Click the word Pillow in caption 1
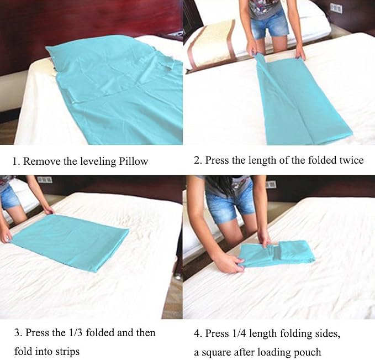tap(134, 161)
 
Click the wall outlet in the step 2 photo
tap(336, 8)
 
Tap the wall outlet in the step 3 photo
tap(45, 179)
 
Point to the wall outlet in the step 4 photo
tap(271, 185)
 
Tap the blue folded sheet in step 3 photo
tap(70, 242)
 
